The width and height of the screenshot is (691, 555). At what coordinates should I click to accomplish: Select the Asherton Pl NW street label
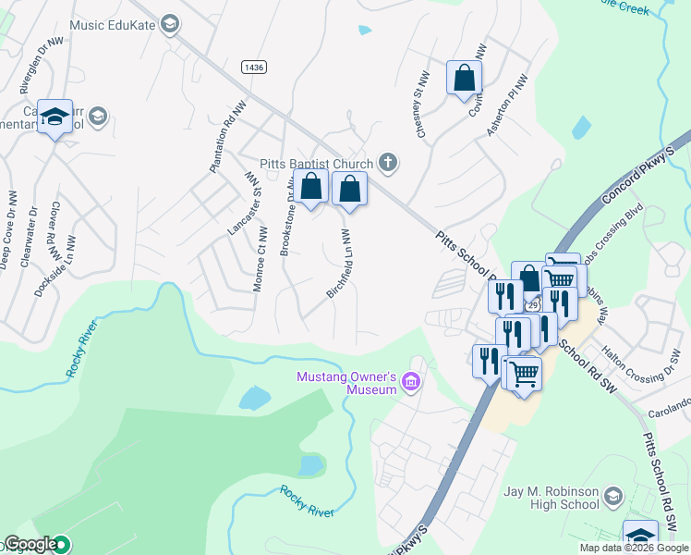pyautogui.click(x=506, y=107)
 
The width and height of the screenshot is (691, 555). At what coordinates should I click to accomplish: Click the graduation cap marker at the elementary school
pyautogui.click(x=55, y=117)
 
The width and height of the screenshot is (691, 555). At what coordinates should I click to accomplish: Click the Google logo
pyautogui.click(x=31, y=544)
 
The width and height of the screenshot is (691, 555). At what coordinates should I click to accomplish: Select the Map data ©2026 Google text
pyautogui.click(x=635, y=548)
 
